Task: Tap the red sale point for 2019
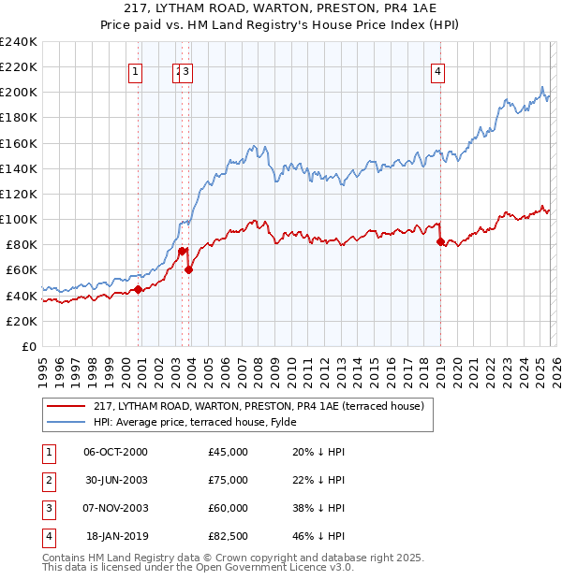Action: [x=440, y=241]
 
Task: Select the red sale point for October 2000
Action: [x=138, y=289]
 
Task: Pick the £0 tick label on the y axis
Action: [x=29, y=346]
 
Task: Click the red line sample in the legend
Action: [x=66, y=406]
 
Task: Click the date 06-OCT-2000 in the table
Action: [x=115, y=452]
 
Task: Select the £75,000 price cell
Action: [x=229, y=480]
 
